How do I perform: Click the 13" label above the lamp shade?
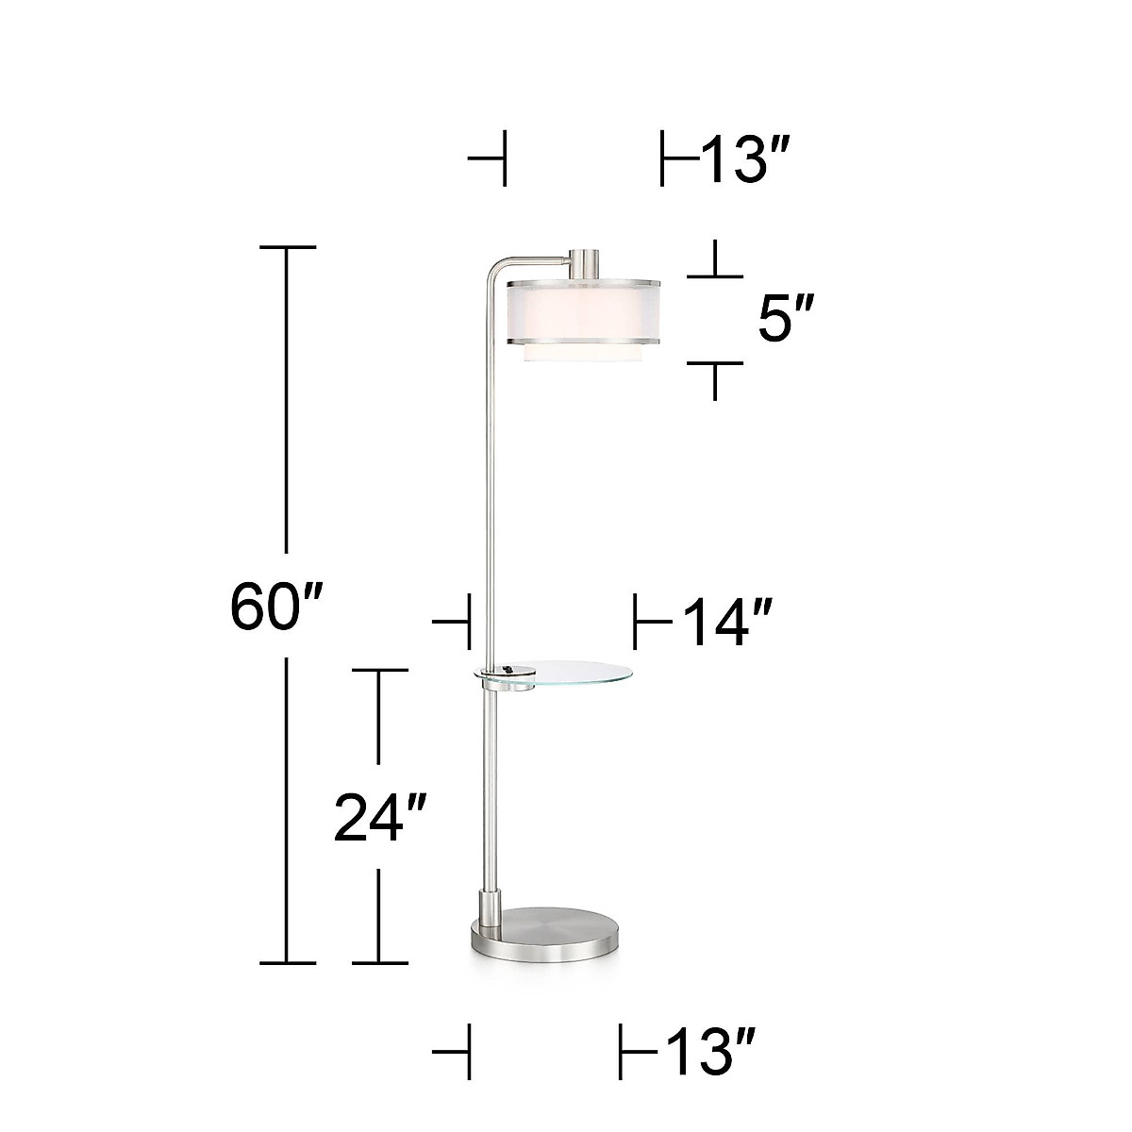click(x=742, y=159)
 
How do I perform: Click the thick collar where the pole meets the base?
click(x=491, y=907)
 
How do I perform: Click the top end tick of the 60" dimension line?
click(x=287, y=247)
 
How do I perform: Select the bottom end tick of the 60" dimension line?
click(x=287, y=963)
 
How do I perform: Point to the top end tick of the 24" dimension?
click(x=379, y=669)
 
